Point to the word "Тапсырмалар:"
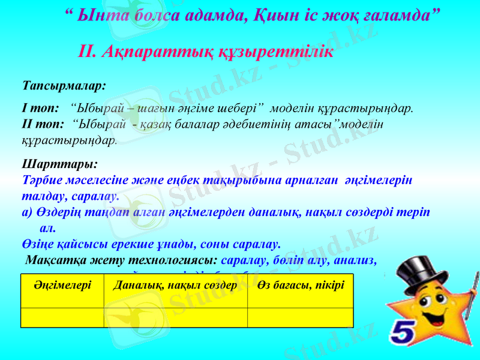(64, 85)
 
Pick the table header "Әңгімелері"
(62, 284)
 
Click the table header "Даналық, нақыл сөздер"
(175, 284)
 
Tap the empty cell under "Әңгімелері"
(62, 317)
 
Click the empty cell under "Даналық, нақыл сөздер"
(175, 317)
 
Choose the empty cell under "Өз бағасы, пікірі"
(300, 317)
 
